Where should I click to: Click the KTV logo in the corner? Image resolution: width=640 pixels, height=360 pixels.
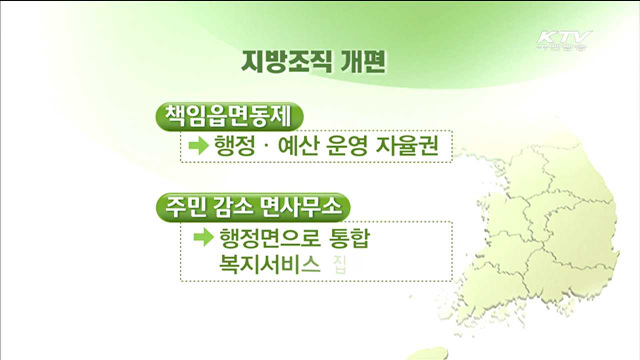[564, 43]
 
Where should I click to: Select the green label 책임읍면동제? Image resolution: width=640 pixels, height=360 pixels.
[228, 114]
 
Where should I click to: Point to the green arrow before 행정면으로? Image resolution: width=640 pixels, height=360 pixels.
[203, 238]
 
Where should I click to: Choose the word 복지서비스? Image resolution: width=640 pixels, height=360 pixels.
[257, 265]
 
